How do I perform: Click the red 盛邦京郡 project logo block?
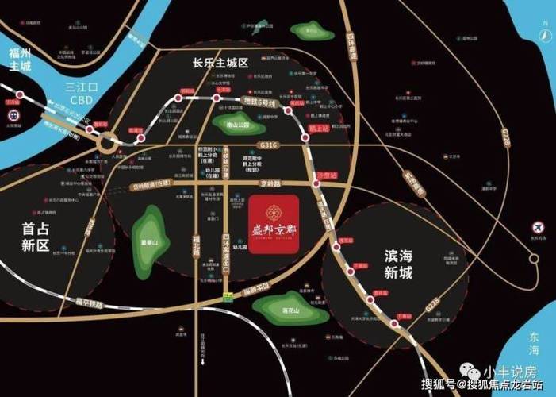[274, 224]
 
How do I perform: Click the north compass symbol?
[546, 35]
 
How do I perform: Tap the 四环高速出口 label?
[226, 254]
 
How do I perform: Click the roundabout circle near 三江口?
[109, 145]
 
